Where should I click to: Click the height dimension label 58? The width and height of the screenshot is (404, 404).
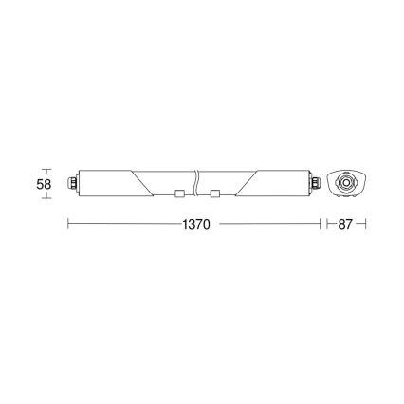coord(44,184)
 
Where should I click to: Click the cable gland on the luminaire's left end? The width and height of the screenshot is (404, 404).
coord(72,182)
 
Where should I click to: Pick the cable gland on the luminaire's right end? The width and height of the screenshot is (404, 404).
coord(317,182)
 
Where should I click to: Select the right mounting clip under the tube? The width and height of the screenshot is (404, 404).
coord(215,194)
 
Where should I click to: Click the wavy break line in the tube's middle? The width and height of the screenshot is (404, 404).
coord(196,182)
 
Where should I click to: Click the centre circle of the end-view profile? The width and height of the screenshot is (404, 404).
coord(344,182)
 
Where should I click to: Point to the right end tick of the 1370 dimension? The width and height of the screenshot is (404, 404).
coord(319,225)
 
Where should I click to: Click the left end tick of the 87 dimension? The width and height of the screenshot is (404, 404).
coord(327,225)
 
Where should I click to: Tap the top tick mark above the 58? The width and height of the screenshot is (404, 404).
coord(45,170)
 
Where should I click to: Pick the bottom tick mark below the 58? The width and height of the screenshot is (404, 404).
coord(45,196)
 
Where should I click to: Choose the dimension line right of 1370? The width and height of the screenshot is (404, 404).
coord(269,225)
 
